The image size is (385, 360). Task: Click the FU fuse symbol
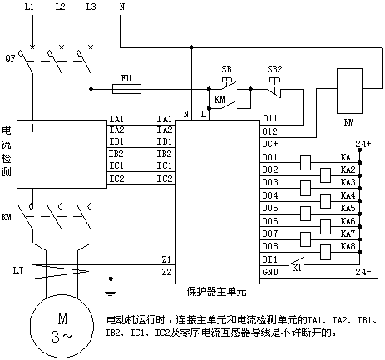[126, 89]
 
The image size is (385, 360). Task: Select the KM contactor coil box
[349, 91]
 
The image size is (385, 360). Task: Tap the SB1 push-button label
[229, 69]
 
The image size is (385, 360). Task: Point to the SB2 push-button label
[274, 69]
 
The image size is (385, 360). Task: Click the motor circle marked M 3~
[62, 327]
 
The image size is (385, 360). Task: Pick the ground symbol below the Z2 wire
[111, 288]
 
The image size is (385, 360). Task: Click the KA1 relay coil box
[305, 163]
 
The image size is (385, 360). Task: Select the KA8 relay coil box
[326, 253]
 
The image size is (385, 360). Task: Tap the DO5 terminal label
[270, 208]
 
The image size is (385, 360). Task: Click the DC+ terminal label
[270, 144]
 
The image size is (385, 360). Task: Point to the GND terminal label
[270, 272]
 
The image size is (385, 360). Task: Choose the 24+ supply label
[363, 144]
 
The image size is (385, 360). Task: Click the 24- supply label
[363, 272]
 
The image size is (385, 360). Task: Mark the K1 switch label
[297, 268]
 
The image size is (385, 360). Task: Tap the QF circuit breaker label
[10, 58]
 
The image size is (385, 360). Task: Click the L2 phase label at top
[60, 7]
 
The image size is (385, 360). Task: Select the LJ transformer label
[17, 270]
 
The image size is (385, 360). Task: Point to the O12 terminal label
[269, 131]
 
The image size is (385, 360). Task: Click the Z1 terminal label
[166, 259]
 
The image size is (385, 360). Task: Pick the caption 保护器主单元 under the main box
[216, 292]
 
